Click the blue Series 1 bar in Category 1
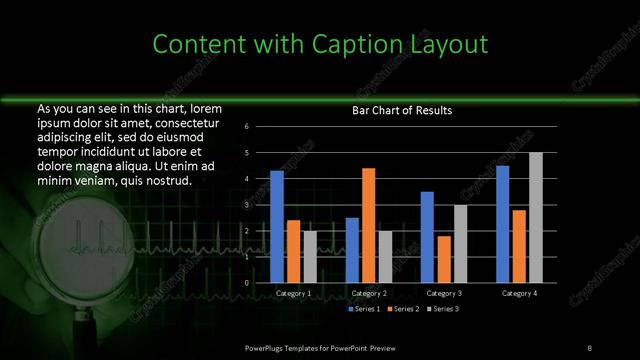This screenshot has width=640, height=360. pyautogui.click(x=277, y=227)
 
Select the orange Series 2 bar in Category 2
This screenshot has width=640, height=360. pyautogui.click(x=368, y=225)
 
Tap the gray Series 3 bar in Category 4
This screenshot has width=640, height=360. pyautogui.click(x=536, y=217)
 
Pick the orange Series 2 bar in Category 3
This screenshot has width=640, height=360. pyautogui.click(x=443, y=259)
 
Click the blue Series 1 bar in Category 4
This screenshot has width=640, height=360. pyautogui.click(x=502, y=224)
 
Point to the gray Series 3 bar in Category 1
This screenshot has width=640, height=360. pyautogui.click(x=310, y=257)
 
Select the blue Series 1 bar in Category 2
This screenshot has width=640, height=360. pyautogui.click(x=352, y=250)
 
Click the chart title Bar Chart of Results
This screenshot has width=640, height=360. pyautogui.click(x=402, y=110)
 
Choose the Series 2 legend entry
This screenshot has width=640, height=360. pyautogui.click(x=402, y=310)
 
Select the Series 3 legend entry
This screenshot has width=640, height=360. pyautogui.click(x=443, y=310)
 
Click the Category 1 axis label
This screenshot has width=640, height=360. pyautogui.click(x=293, y=294)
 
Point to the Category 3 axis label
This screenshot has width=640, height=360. pyautogui.click(x=444, y=294)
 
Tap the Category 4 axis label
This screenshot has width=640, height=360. pyautogui.click(x=519, y=294)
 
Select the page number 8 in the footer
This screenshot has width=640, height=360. pyautogui.click(x=589, y=346)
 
